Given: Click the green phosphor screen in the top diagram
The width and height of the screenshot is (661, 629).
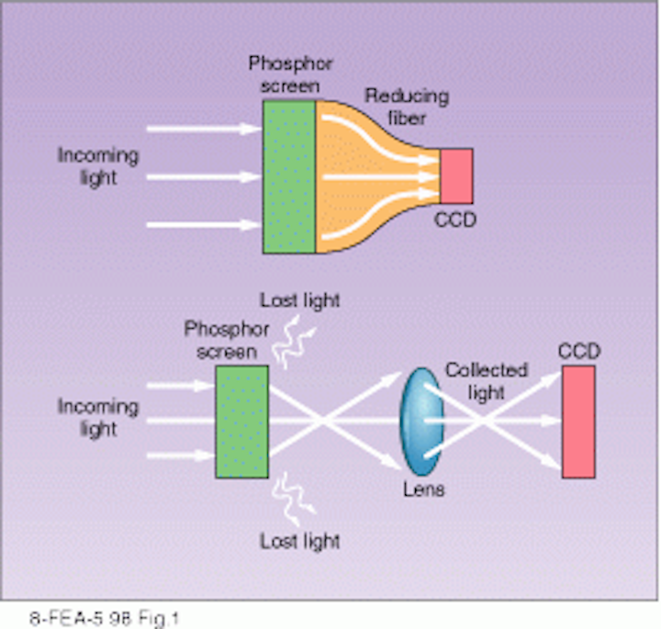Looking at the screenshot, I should tap(289, 175).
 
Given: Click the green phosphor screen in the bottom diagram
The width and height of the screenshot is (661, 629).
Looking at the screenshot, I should tap(241, 421).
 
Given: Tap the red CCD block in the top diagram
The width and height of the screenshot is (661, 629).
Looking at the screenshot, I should tap(456, 175).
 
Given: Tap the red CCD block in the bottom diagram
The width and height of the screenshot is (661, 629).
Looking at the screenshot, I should tap(577, 421).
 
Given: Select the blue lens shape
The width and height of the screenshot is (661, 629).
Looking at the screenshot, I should tap(418, 421).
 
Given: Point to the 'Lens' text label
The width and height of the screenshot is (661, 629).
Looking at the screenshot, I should tap(423, 489).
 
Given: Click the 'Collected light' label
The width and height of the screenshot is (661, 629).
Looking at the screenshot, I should tap(487, 381).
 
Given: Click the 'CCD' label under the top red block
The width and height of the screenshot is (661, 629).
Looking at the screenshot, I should tap(456, 220).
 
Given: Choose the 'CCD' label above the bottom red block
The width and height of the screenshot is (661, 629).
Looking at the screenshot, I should tap(578, 351).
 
